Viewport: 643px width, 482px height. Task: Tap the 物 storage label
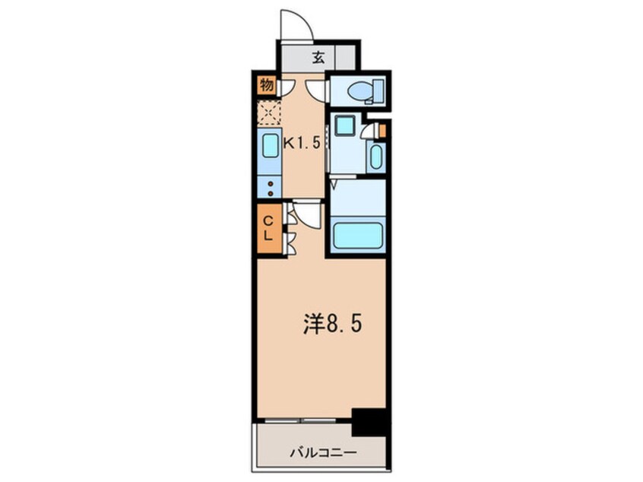point(266,85)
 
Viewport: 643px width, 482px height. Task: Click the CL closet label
point(268,227)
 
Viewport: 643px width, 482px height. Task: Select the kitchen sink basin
point(270,146)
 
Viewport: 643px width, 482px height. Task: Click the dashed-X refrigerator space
point(268,114)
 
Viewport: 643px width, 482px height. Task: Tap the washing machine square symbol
point(345,126)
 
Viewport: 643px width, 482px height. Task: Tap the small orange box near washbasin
point(382,130)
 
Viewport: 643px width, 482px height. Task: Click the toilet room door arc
point(319,89)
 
